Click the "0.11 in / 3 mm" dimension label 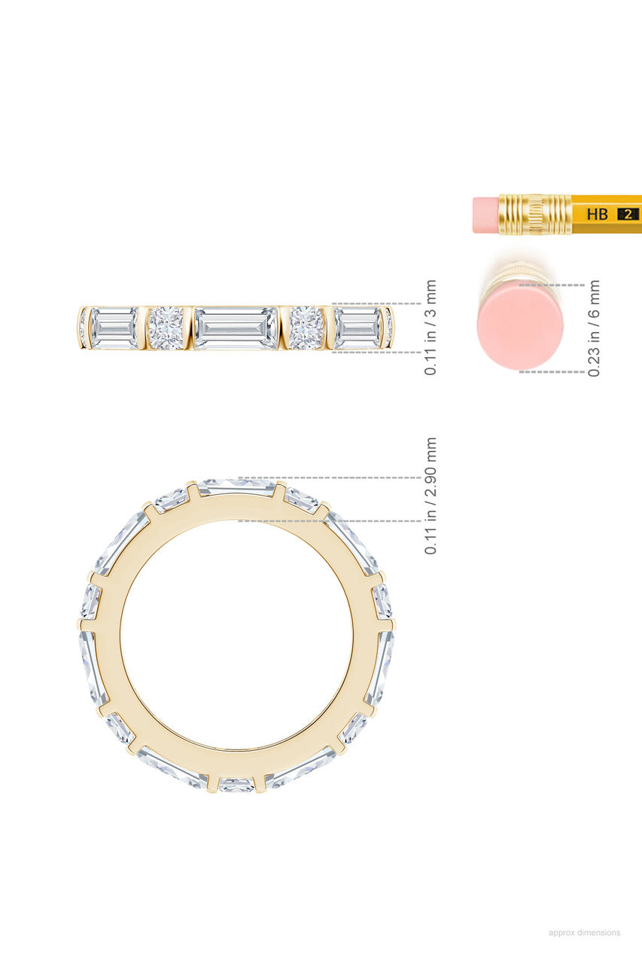click(x=431, y=328)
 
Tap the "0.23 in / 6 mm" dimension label click(x=593, y=328)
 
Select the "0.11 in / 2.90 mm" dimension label click(x=431, y=496)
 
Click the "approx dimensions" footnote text click(x=584, y=932)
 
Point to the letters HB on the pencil click(x=598, y=214)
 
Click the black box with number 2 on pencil click(x=628, y=215)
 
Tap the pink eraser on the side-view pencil click(x=485, y=215)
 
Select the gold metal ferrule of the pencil click(x=535, y=215)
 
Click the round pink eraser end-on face click(x=520, y=326)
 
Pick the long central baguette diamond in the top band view click(x=236, y=328)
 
